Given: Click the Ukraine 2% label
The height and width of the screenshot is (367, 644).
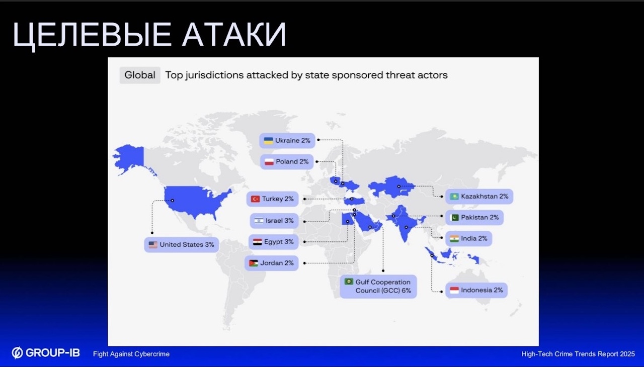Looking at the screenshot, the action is point(287,141).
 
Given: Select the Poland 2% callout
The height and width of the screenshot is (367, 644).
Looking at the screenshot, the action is point(287,162).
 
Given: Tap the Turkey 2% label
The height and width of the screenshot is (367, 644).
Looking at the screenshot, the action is point(272,199).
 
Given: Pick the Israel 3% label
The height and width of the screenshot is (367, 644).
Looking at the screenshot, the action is point(274,221).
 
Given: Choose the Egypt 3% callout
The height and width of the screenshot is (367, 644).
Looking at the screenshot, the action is point(273,242).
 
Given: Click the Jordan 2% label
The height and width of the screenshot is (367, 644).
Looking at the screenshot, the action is point(271,263).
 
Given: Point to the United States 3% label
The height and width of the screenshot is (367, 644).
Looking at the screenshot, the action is point(182,245).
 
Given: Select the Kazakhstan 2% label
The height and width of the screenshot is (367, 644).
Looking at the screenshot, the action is point(479,197).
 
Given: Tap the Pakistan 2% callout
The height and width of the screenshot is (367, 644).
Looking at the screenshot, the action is point(474,217).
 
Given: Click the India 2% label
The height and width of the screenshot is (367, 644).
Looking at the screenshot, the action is point(468,239).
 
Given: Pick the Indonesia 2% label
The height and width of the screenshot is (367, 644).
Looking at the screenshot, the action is point(476,290).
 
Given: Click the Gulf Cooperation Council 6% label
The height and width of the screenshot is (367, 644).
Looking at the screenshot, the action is point(378,286).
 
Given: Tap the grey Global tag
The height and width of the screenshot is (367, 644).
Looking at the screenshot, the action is point(140,75).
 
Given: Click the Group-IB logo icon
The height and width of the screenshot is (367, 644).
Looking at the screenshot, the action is point(17,353).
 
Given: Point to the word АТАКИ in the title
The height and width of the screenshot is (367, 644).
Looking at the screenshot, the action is point(234,35).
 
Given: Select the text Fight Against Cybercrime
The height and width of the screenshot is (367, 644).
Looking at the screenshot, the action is point(131,354).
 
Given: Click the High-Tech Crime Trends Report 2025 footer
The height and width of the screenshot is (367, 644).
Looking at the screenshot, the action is point(578,354).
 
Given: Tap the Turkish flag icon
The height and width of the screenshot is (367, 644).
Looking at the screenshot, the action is point(255,199).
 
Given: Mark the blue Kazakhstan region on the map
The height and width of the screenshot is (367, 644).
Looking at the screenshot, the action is point(391,187).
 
